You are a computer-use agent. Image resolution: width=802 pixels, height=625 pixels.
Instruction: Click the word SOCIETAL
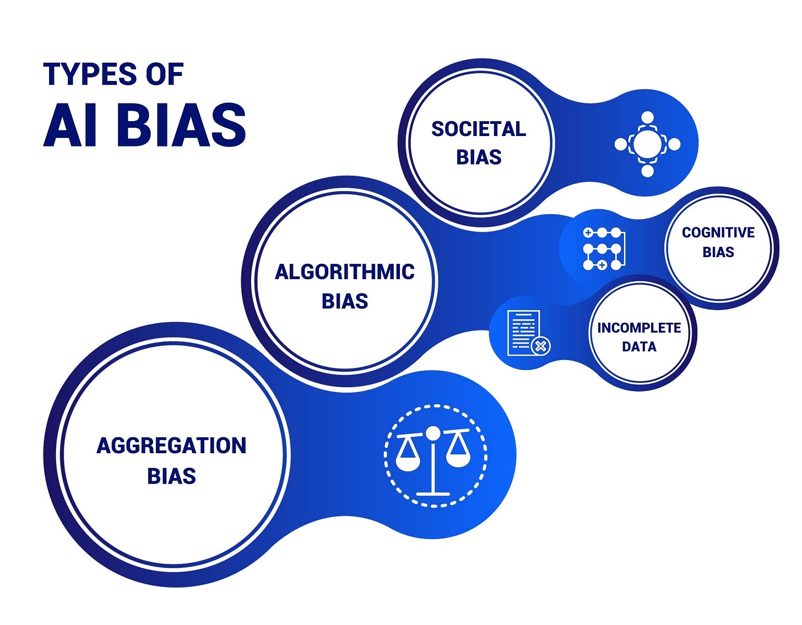coord(479,129)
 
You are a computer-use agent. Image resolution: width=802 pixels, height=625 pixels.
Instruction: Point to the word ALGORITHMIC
coord(345,271)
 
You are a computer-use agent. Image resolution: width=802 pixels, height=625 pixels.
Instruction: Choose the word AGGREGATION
coord(171,445)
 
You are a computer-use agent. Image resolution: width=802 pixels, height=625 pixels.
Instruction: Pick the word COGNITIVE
coord(718,232)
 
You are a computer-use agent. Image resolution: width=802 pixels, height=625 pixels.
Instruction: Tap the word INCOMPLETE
coord(639,328)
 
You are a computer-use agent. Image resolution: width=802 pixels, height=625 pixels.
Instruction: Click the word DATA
coord(639,346)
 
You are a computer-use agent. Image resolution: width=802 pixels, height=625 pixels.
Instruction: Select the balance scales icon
coord(434,456)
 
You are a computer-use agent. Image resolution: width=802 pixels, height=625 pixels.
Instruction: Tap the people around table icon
coord(648,144)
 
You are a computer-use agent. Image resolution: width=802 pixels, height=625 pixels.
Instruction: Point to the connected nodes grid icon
coord(603,248)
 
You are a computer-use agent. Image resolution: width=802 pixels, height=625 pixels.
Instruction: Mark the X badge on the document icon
coord(541,346)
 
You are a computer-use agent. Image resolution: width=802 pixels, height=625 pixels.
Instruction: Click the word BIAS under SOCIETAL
coord(479,157)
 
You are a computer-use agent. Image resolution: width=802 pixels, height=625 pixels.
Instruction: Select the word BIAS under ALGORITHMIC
coord(345,301)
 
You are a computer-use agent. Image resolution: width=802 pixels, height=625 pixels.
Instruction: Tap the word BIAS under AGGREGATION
coord(171,476)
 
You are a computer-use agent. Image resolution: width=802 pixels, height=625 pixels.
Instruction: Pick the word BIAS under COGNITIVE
coord(718,252)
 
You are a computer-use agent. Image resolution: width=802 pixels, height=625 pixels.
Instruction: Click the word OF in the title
coord(165,74)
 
